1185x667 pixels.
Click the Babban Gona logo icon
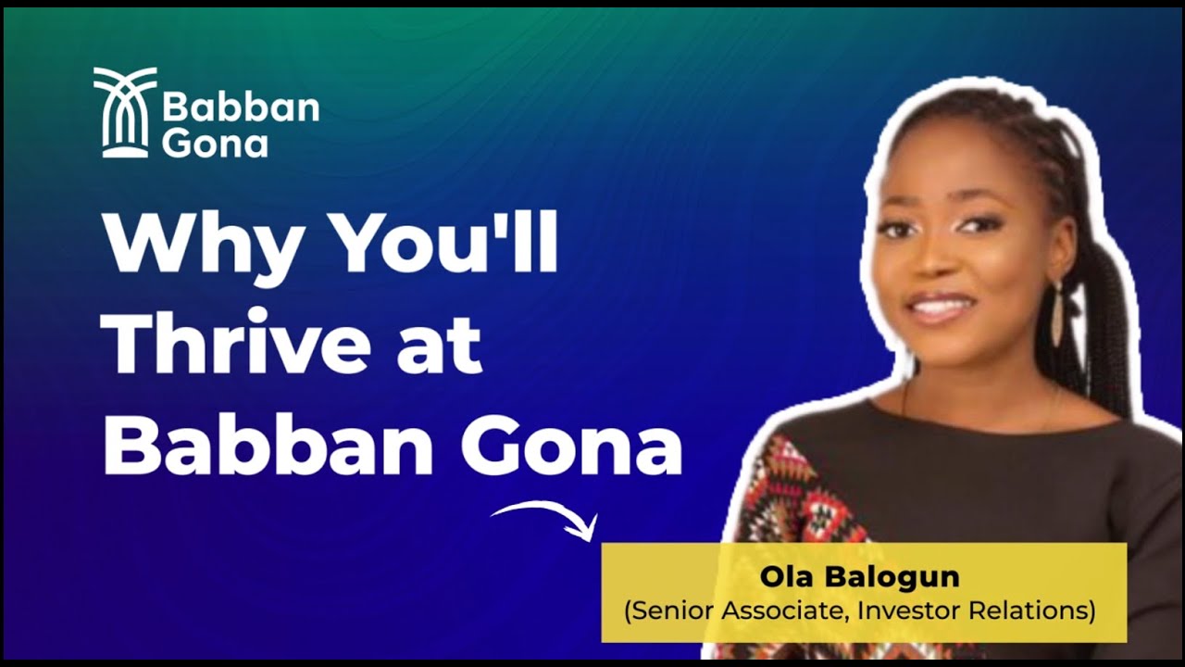point(125,111)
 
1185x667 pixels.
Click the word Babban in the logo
point(241,109)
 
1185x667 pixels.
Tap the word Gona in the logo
point(215,143)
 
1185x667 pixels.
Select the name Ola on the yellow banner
point(787,577)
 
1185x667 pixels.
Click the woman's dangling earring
point(1057,311)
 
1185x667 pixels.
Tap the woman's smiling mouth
point(941,306)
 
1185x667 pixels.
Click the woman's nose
point(933,261)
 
